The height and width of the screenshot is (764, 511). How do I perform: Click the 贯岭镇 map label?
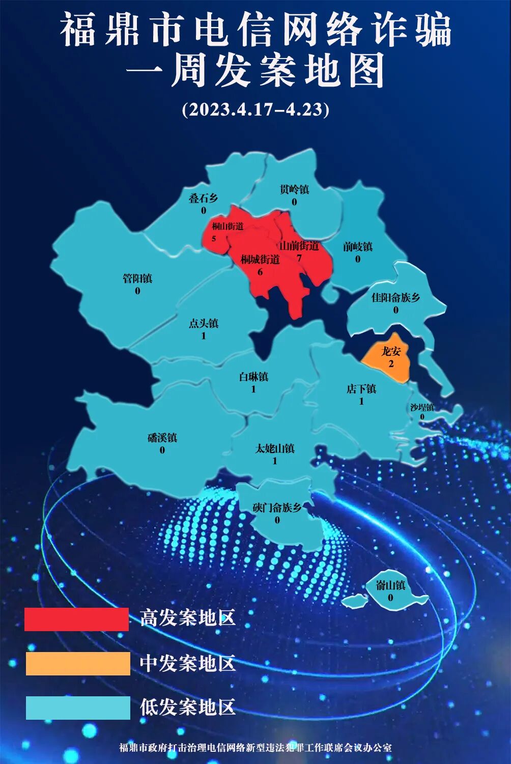pyautogui.click(x=294, y=189)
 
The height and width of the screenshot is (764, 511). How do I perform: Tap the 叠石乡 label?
pyautogui.click(x=203, y=198)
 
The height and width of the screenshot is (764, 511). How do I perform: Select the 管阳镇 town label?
pyautogui.click(x=137, y=278)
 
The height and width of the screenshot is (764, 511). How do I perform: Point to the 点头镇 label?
pyautogui.click(x=204, y=323)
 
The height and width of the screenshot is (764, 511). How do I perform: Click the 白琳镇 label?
pyautogui.click(x=253, y=377)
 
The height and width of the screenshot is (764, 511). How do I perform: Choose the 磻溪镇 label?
pyautogui.click(x=162, y=438)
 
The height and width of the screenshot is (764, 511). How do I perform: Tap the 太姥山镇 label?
pyautogui.click(x=275, y=449)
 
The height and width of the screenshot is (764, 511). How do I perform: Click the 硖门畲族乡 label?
pyautogui.click(x=277, y=507)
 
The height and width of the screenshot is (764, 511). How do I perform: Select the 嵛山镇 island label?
pyautogui.click(x=390, y=585)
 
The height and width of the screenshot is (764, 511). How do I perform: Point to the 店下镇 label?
pyautogui.click(x=361, y=389)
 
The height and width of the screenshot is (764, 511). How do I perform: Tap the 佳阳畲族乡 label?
pyautogui.click(x=395, y=297)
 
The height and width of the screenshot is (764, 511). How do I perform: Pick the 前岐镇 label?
pyautogui.click(x=357, y=247)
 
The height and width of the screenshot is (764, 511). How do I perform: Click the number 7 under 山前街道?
pyautogui.click(x=299, y=258)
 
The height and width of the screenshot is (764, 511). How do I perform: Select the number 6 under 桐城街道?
pyautogui.click(x=260, y=272)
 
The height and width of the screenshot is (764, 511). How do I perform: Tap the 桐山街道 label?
pyautogui.click(x=228, y=227)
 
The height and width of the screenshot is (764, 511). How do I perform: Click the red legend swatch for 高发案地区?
pyautogui.click(x=76, y=619)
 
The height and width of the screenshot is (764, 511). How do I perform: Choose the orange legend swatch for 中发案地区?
pyautogui.click(x=78, y=664)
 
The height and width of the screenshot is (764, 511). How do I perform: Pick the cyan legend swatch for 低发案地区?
pyautogui.click(x=78, y=708)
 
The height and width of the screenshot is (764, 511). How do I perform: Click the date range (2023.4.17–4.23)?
pyautogui.click(x=255, y=109)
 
